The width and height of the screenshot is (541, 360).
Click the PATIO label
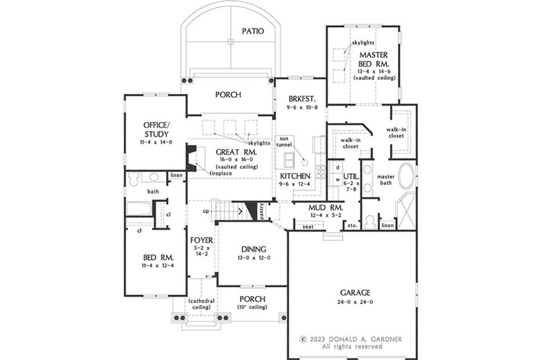point(253,31)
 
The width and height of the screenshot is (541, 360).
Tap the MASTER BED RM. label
point(374,59)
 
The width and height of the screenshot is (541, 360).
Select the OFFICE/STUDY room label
point(156,129)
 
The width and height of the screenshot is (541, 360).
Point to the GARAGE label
point(355,293)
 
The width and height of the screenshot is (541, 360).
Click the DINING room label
point(254,249)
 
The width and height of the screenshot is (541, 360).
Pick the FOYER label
point(202,240)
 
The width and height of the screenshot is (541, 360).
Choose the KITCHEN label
point(295,176)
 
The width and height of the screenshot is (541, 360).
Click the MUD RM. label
point(325,207)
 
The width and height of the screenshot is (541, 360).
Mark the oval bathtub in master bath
point(407,177)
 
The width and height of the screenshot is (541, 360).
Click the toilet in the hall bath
point(133,179)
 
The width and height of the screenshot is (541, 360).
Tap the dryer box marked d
point(338,167)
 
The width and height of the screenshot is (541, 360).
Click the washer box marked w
point(338,179)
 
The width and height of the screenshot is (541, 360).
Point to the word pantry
point(263,211)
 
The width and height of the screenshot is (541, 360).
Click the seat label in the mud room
point(308,226)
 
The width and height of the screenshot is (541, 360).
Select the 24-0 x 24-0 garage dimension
point(356,302)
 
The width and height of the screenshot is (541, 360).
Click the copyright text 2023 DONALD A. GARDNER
point(351,339)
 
